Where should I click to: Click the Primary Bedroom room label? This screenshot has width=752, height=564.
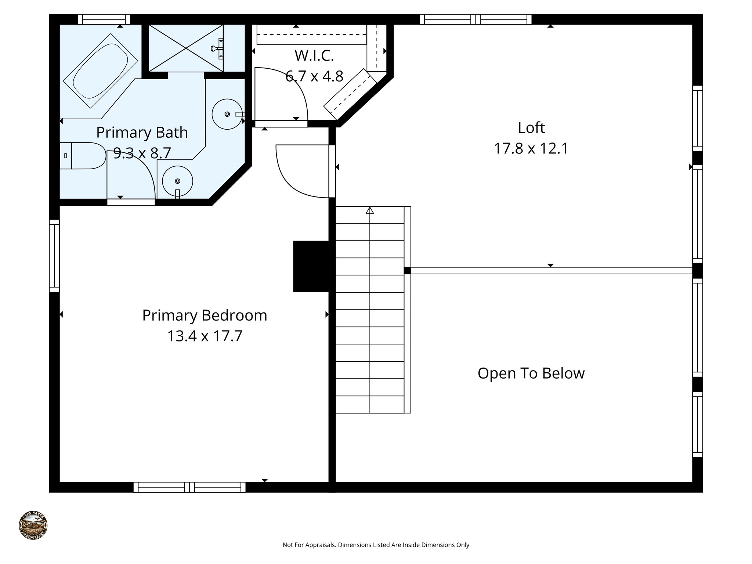coord(205,315)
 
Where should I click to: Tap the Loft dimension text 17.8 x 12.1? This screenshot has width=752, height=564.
coord(531,149)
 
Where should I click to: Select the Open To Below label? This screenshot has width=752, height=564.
coord(531,373)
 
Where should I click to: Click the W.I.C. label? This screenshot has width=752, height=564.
coord(314,56)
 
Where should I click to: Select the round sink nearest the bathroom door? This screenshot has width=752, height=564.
coord(178,181)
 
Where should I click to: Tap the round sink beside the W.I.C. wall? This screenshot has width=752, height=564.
coord(227,114)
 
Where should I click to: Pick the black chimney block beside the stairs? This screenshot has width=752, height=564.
coord(311,266)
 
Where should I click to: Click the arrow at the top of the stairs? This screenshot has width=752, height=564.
coord(370,210)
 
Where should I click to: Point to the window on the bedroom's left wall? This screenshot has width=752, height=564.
coord(54,256)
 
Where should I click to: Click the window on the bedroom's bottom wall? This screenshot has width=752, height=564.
coord(189,487)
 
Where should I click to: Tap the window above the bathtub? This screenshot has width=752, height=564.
coord(104,19)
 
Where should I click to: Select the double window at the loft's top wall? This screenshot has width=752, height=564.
coord(476,19)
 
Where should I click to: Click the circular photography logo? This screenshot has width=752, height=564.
coord(33,526)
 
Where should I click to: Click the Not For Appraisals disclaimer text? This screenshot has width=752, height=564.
coord(376,545)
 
